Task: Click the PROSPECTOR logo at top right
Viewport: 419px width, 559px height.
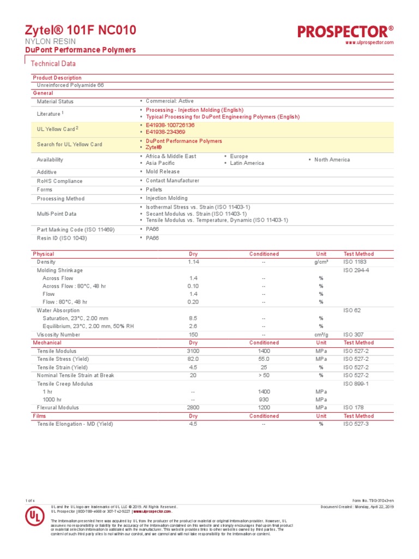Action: coord(345,31)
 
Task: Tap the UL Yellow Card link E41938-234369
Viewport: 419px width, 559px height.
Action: coord(165,132)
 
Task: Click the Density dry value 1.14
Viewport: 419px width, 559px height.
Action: coord(193,262)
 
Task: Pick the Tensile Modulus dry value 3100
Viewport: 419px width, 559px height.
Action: coord(193,351)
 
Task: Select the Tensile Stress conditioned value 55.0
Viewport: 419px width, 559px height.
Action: coord(264,359)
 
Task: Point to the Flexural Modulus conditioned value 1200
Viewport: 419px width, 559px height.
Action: coord(264,408)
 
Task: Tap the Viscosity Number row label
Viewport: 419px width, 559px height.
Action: coord(58,335)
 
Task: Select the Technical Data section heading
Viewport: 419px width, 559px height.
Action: coord(53,64)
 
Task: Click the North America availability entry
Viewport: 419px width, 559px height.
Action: coord(332,160)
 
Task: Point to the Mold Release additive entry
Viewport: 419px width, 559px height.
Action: coord(163,172)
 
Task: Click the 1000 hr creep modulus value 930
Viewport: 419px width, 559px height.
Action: coord(264,400)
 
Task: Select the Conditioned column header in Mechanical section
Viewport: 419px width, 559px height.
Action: coord(264,343)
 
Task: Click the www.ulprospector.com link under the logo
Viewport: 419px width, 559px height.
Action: coord(369,43)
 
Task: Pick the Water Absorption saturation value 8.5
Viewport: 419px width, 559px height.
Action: coord(193,318)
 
